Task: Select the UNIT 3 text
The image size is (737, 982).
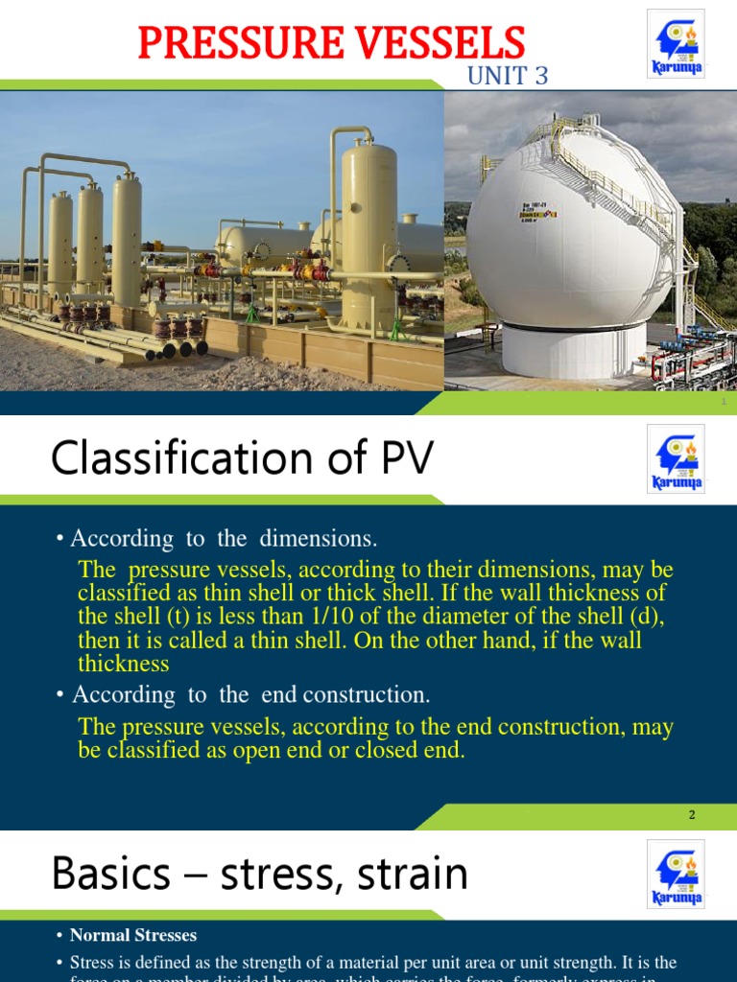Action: click(507, 76)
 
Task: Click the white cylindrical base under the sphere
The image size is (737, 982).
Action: click(574, 351)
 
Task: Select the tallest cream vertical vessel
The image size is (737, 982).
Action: click(368, 230)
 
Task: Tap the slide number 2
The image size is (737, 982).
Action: click(692, 815)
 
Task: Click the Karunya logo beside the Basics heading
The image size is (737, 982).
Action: click(676, 874)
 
